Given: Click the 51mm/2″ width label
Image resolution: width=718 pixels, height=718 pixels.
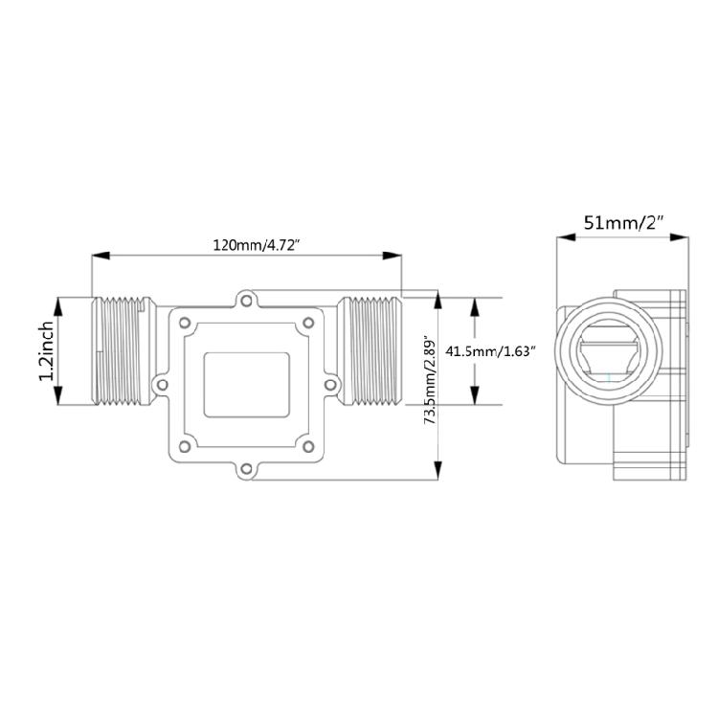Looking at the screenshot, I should (623, 223).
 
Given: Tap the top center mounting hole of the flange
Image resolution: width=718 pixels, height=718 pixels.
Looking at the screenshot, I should (247, 302).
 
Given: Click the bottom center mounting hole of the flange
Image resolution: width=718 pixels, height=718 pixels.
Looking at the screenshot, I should (247, 468).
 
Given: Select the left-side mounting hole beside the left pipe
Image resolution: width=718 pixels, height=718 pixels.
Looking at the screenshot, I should (162, 385).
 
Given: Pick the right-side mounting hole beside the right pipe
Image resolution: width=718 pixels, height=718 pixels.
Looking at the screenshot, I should (331, 385).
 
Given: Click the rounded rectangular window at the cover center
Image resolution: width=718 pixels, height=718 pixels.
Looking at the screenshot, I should (247, 385).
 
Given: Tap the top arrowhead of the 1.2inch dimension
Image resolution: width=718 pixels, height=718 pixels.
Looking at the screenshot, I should (60, 303).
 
